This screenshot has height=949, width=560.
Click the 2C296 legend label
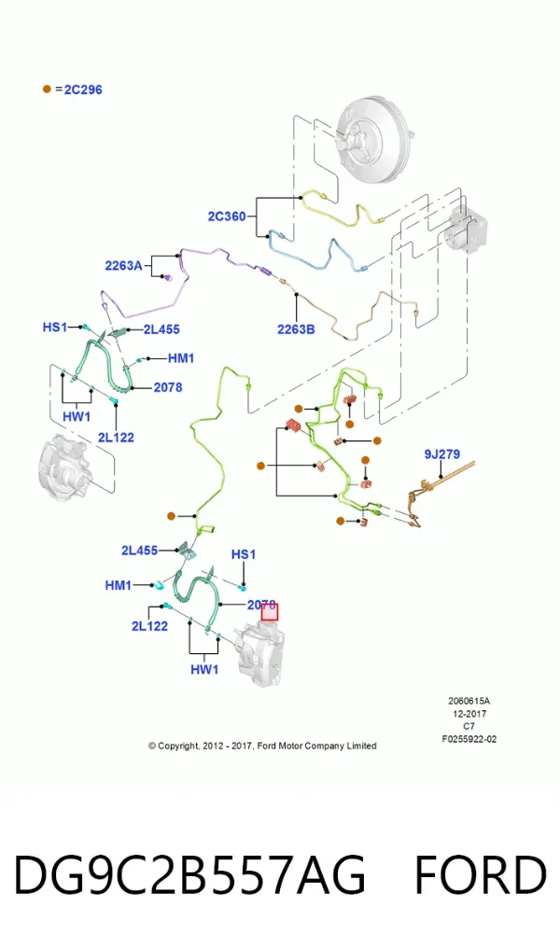[83, 90]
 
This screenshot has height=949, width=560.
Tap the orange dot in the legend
[47, 89]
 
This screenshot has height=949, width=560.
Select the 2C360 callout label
[227, 216]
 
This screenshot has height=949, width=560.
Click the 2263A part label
[123, 265]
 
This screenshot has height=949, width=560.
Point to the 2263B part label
[296, 329]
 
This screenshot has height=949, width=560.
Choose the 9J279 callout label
[442, 454]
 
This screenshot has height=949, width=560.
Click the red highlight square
[270, 612]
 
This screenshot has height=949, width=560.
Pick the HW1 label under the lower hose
[204, 669]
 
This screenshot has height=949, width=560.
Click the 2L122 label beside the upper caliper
[116, 437]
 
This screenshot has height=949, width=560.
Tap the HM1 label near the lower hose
[118, 585]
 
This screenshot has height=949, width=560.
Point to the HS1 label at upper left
[54, 327]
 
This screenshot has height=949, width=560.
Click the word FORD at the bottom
[480, 874]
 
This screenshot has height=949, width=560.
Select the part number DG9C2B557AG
[189, 874]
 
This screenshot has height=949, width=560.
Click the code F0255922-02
[469, 739]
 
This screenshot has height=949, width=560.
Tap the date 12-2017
[469, 714]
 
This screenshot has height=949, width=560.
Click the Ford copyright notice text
[262, 746]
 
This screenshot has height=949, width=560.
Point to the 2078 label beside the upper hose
[168, 387]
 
